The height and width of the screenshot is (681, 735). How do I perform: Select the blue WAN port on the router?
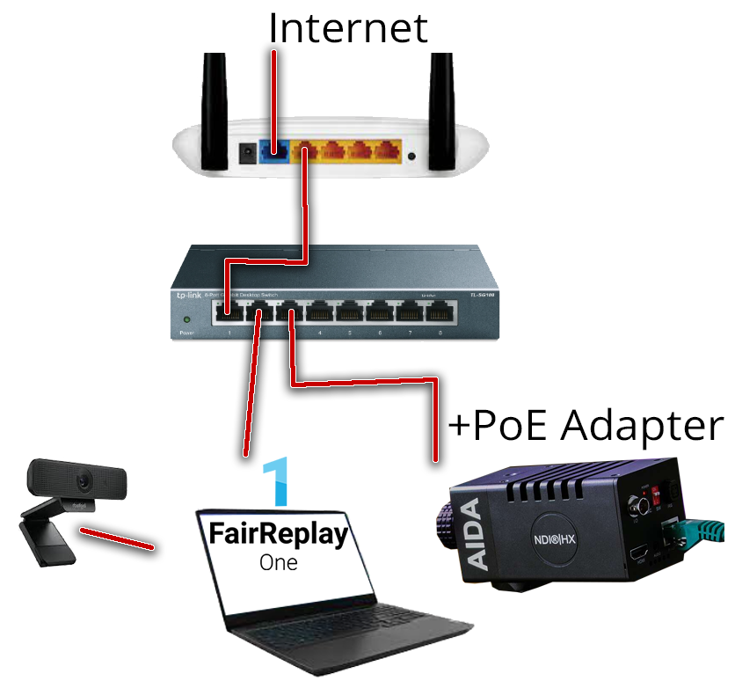tap(274, 153)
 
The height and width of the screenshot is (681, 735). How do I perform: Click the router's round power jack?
tap(246, 153)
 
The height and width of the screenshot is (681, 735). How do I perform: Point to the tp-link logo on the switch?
tap(187, 297)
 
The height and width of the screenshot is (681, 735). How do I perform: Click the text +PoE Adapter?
tap(586, 426)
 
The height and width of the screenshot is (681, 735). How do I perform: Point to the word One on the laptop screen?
tap(278, 562)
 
